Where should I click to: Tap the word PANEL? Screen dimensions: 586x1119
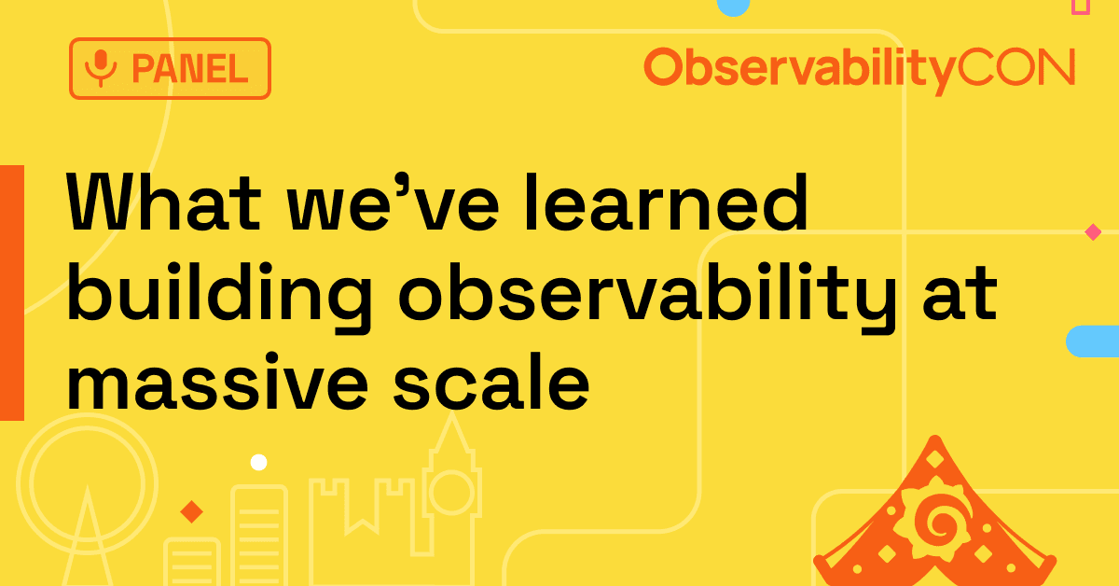[x=189, y=68]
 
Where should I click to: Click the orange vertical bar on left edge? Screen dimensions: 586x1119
[x=11, y=292]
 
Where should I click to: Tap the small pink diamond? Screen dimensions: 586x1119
[x=1092, y=231]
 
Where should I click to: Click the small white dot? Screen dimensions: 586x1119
[x=258, y=462]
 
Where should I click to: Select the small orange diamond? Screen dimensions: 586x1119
[x=191, y=511]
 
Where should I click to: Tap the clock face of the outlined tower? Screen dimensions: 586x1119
[x=451, y=491]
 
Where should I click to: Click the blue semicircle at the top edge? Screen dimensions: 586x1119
[x=733, y=7]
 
